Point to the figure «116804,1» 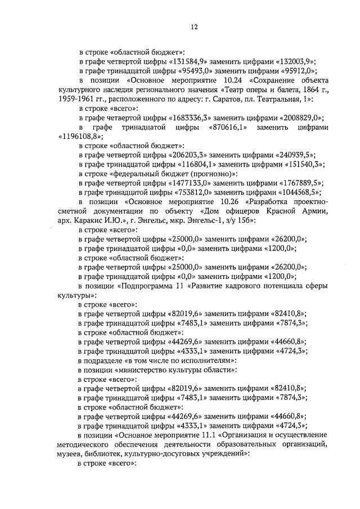(x=188, y=164)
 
